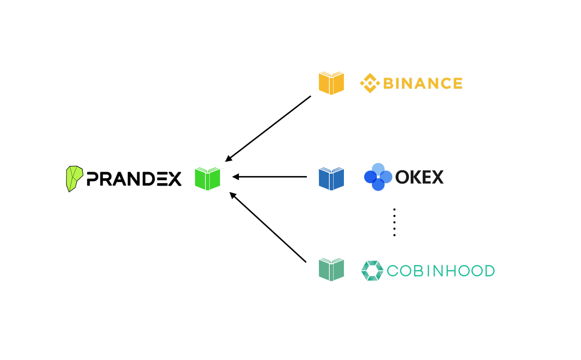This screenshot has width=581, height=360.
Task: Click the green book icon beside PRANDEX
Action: click(207, 179)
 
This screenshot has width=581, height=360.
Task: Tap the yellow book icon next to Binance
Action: click(331, 83)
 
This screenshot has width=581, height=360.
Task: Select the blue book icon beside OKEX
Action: click(331, 179)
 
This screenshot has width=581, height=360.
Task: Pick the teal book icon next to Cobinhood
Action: click(331, 270)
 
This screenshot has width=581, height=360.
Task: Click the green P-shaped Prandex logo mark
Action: click(74, 178)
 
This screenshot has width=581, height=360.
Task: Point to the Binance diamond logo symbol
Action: click(370, 83)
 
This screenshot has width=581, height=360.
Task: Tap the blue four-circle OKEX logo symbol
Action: click(378, 177)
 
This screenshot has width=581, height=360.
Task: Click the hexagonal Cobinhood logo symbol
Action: click(372, 270)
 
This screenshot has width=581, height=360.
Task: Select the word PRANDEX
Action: click(134, 179)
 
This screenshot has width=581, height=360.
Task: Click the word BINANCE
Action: click(423, 83)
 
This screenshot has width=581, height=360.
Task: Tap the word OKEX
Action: click(419, 177)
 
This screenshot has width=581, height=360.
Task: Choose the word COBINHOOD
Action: click(441, 271)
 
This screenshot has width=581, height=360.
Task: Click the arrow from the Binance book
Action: click(268, 128)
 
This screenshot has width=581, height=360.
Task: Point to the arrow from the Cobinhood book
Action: click(268, 227)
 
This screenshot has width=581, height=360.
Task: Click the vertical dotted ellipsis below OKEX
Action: click(394, 222)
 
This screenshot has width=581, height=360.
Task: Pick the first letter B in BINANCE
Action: click(389, 83)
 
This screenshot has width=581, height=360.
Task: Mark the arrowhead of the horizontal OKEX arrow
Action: click(236, 177)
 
